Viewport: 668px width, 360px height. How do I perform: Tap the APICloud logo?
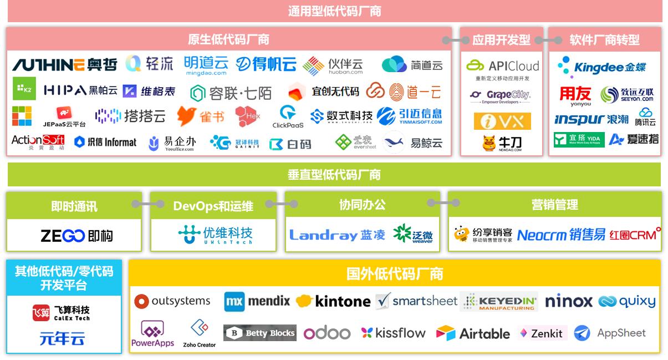pyautogui.click(x=502, y=66)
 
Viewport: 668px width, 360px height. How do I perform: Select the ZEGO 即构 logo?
pyautogui.click(x=77, y=236)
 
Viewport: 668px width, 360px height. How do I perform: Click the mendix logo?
pyautogui.click(x=257, y=301)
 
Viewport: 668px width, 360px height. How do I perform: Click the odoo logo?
pyautogui.click(x=327, y=333)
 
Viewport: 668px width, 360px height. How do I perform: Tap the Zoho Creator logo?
pyautogui.click(x=200, y=333)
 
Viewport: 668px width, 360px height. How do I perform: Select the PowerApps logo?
pyautogui.click(x=152, y=334)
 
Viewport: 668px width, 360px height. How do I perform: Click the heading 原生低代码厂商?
pyautogui.click(x=228, y=39)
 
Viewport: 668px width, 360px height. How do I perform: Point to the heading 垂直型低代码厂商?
pyautogui.click(x=334, y=175)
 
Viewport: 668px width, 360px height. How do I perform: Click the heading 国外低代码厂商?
pyautogui.click(x=394, y=273)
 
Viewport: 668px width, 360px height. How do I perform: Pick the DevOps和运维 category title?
pyautogui.click(x=213, y=206)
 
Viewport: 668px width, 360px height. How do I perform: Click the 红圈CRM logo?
pyautogui.click(x=635, y=235)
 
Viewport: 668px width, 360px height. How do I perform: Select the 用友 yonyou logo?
pyautogui.click(x=575, y=96)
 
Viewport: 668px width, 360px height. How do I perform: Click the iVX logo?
pyautogui.click(x=502, y=121)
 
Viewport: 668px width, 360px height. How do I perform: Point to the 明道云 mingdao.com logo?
pyautogui.click(x=206, y=65)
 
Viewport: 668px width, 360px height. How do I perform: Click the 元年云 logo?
pyautogui.click(x=62, y=338)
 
